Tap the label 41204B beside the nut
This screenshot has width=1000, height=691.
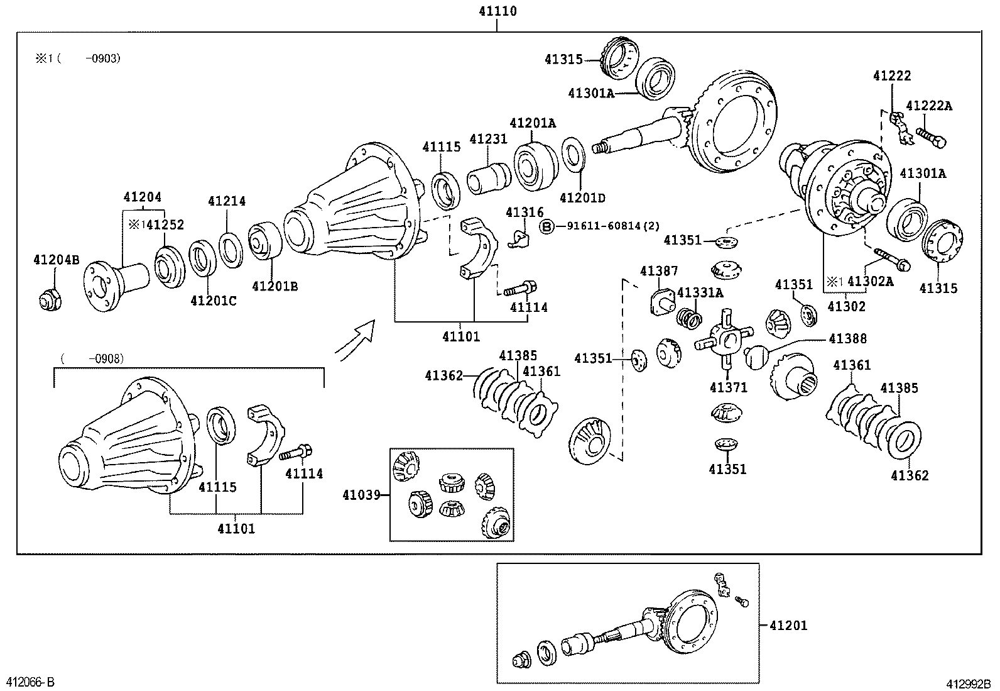pyautogui.click(x=57, y=259)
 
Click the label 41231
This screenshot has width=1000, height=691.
pyautogui.click(x=488, y=139)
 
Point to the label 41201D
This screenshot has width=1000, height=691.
pyautogui.click(x=582, y=198)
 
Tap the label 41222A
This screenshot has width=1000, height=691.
pyautogui.click(x=929, y=106)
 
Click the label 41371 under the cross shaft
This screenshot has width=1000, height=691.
pyautogui.click(x=729, y=387)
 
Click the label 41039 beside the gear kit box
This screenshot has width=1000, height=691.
pyautogui.click(x=362, y=495)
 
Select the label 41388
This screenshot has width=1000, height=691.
pyautogui.click(x=847, y=339)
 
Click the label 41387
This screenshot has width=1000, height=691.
pyautogui.click(x=659, y=271)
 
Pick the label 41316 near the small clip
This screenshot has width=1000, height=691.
pyautogui.click(x=524, y=213)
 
